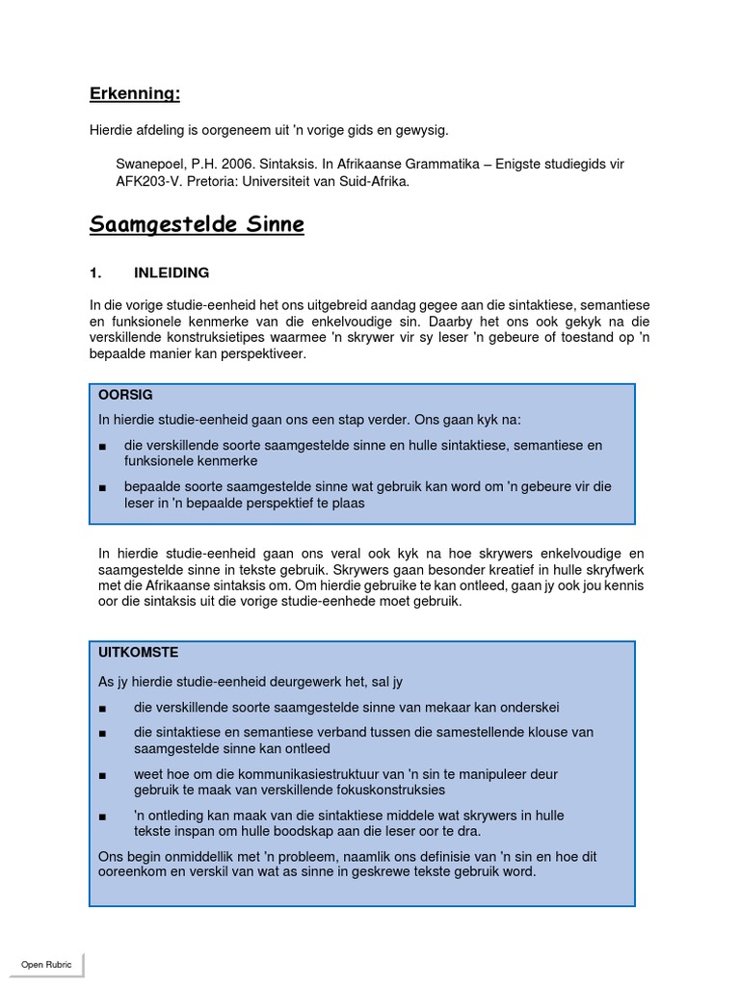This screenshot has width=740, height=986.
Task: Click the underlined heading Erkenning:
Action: tap(134, 93)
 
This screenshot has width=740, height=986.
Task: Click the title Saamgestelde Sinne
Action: tap(197, 225)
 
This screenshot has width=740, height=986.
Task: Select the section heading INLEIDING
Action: tap(171, 273)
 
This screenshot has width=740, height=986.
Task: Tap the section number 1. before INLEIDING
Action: tap(96, 273)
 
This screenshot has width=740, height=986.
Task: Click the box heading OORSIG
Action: tap(125, 395)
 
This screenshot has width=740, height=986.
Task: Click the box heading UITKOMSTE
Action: tap(138, 653)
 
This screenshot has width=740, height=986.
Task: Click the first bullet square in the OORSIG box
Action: tap(103, 446)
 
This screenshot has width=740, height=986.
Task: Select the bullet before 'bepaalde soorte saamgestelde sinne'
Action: tap(103, 487)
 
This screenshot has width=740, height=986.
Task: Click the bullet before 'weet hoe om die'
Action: tap(103, 775)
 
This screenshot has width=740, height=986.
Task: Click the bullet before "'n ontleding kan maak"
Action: tap(103, 817)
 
